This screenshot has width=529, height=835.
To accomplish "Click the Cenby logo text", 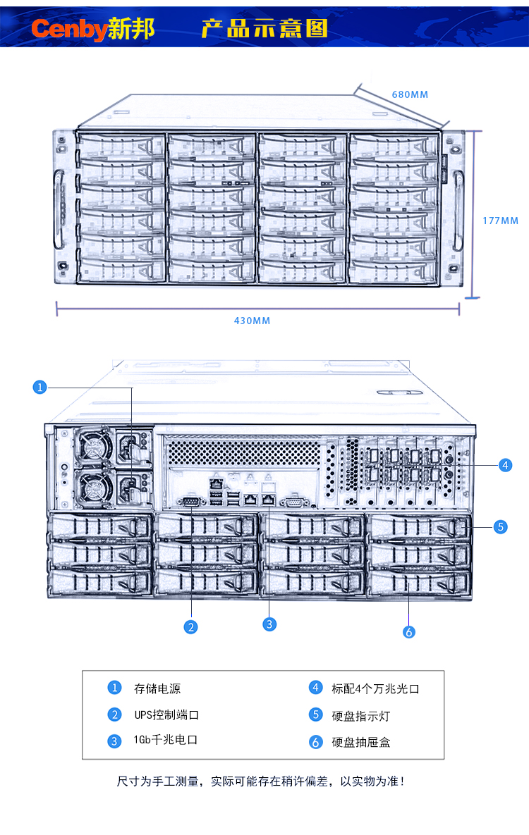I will click(x=69, y=29).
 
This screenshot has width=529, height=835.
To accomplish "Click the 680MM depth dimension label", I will click(x=410, y=94).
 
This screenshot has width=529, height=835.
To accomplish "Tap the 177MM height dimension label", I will click(x=500, y=221).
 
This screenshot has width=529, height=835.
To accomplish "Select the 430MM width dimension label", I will click(x=252, y=321).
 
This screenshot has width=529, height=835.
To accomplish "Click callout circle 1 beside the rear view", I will click(x=40, y=387).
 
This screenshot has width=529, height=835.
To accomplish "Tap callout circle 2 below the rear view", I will click(x=190, y=626).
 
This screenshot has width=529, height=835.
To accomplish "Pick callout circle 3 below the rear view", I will click(x=269, y=624).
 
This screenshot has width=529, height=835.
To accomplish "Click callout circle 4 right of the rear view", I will click(x=504, y=465).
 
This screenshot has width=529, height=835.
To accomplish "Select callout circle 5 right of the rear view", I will click(x=500, y=526).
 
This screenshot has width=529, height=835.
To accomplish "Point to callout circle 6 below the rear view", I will click(x=409, y=631).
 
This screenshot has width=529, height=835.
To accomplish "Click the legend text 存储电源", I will click(x=152, y=688).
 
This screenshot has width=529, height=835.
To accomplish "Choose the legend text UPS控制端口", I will click(x=166, y=715).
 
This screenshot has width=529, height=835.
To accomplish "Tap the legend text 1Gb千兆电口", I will click(x=164, y=741).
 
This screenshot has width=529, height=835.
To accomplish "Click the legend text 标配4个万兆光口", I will click(x=375, y=688).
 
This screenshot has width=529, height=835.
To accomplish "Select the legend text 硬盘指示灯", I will click(x=360, y=716).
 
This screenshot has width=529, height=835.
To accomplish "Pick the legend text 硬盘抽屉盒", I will click(x=360, y=742).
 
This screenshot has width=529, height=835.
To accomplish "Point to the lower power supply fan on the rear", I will click(x=92, y=487).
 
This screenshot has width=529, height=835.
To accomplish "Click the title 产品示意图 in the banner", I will click(x=264, y=29).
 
